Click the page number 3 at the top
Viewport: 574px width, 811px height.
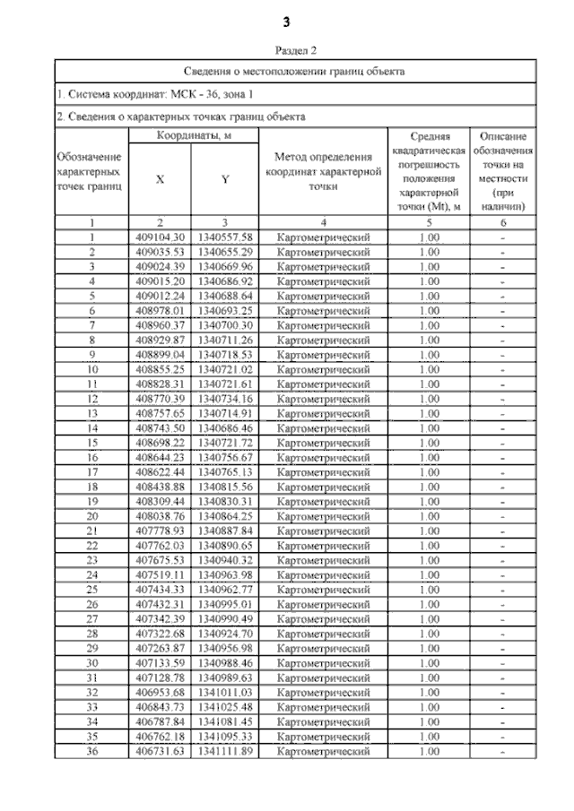pos(287,21)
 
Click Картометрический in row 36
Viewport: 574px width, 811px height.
pos(324,751)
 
